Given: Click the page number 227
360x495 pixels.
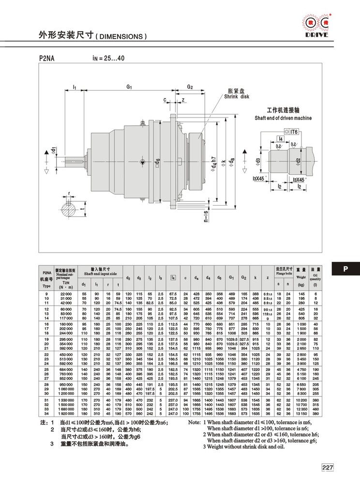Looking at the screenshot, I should (x=327, y=467).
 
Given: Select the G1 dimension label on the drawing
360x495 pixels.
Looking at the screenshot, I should (x=129, y=87).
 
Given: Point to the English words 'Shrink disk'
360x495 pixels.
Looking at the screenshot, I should (x=236, y=97).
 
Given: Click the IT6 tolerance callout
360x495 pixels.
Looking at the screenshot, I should (x=294, y=131).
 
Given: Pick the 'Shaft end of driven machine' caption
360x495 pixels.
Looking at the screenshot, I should (x=283, y=118).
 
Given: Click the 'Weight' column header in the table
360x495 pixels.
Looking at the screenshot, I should (x=300, y=278).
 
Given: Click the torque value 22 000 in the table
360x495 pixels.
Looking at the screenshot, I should (x=66, y=294).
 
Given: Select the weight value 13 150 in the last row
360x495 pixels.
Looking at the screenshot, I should (x=301, y=414).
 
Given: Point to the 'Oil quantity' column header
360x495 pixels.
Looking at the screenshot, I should (x=315, y=276).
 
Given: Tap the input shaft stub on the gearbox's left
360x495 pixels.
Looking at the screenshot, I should (x=73, y=161).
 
